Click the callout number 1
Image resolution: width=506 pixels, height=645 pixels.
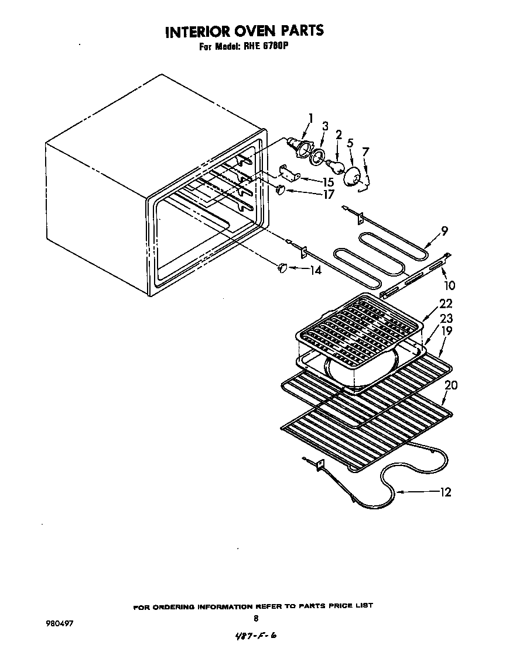click(x=311, y=119)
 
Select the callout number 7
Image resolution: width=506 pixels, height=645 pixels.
click(x=365, y=152)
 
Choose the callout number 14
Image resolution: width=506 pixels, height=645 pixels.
click(x=315, y=271)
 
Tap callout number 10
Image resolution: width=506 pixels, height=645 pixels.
click(x=450, y=285)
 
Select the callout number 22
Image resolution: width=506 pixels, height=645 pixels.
click(x=446, y=304)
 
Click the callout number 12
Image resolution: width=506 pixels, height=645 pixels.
click(x=445, y=492)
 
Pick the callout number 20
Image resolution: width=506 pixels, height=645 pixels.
click(x=450, y=385)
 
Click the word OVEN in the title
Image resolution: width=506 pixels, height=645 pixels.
click(x=253, y=30)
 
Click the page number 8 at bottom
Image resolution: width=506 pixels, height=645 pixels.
click(x=256, y=618)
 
